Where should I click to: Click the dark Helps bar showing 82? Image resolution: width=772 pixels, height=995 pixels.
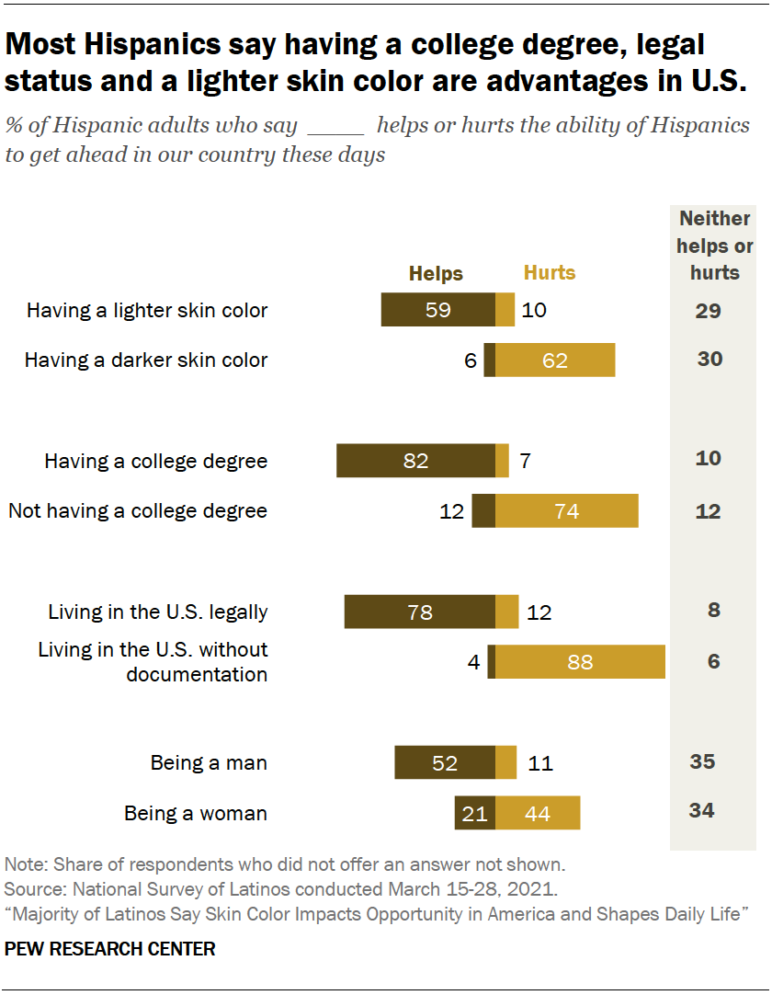415,461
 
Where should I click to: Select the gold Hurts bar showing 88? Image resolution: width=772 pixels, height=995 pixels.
580,662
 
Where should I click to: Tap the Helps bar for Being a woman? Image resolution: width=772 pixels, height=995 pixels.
475,813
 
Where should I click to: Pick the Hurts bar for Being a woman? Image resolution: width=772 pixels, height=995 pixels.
538,813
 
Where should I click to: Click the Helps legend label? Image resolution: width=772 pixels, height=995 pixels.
436,273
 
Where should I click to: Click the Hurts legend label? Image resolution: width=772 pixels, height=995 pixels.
550,273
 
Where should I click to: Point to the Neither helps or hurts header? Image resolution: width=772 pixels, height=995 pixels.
715,246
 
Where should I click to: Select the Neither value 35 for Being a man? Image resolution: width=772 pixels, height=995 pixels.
702,761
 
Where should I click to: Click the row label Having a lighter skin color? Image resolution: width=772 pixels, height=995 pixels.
147,311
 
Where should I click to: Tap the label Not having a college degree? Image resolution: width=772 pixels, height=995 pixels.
138,510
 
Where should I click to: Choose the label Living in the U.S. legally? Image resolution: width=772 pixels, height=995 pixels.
158,612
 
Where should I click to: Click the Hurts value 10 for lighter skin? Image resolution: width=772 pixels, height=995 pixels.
533,311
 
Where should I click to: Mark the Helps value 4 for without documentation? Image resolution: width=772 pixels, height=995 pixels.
474,662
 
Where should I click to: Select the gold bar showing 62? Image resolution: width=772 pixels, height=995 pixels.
555,360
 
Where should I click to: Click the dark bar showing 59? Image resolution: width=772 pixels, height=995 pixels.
438,311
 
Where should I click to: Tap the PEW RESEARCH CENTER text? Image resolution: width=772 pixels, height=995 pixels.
110,949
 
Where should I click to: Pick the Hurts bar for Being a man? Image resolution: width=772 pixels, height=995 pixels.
505,762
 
